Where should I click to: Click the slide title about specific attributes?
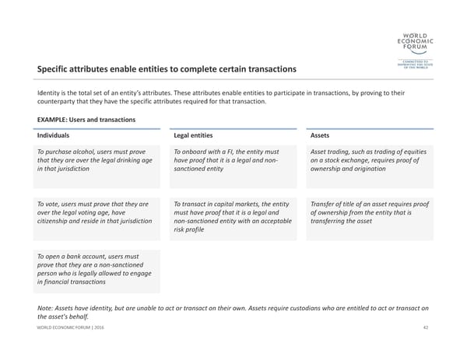coord(167,70)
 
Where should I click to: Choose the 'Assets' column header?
coord(320,135)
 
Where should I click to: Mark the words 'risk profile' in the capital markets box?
coord(191,230)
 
